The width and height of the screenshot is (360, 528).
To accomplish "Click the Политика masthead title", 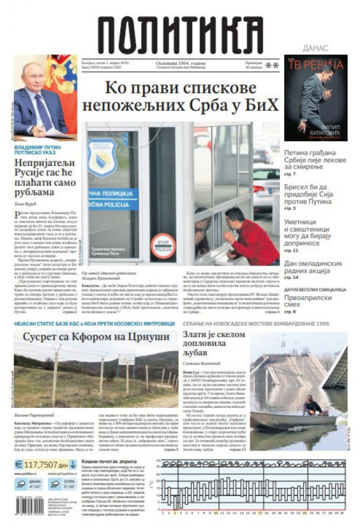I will (180, 36).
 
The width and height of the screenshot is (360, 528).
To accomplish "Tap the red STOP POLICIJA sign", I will (163, 245).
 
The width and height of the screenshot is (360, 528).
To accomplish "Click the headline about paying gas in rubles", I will (45, 177).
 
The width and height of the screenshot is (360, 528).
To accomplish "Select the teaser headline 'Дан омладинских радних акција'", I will (313, 267).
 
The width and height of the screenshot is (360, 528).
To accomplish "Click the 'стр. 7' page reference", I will (290, 174).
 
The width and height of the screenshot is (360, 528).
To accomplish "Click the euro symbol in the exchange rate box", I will (19, 464).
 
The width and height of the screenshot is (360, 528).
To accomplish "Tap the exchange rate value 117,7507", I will (41, 464).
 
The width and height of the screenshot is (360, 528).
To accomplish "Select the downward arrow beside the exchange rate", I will (73, 464).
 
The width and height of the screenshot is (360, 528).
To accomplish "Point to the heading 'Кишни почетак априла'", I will (109, 461).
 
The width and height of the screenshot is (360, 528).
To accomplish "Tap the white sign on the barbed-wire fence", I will (126, 359).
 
